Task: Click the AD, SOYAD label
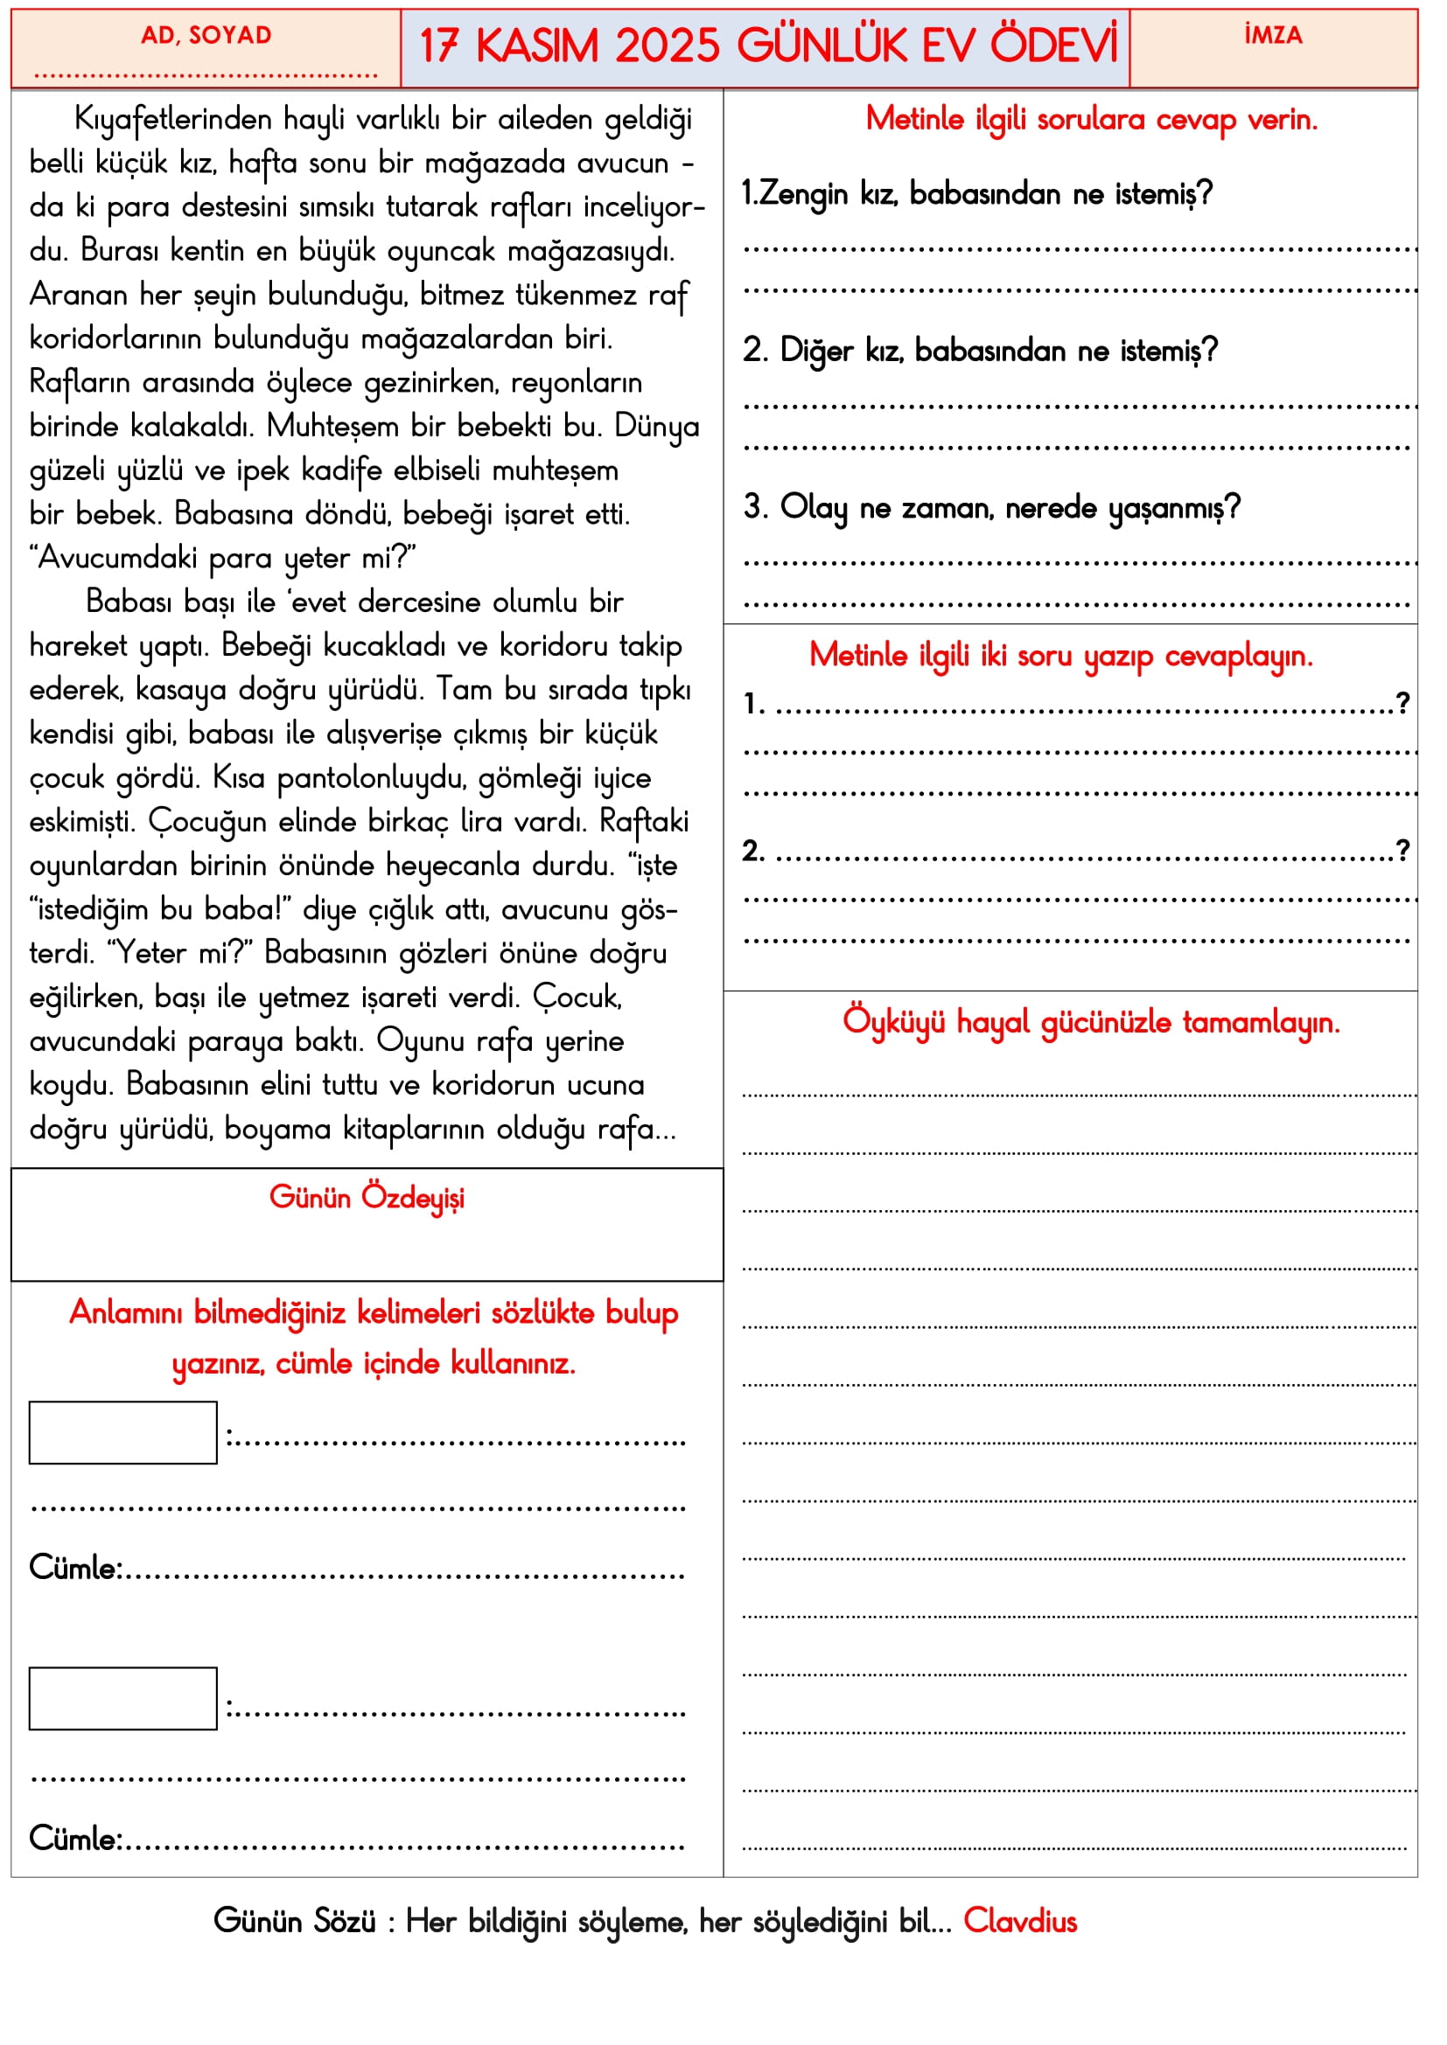pos(206,36)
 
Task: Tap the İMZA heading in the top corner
pos(1272,36)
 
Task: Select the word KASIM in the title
pos(536,46)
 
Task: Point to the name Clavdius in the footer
pos(1019,1921)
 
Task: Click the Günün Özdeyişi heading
pos(367,1197)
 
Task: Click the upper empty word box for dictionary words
pos(123,1432)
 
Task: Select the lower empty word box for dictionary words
pos(123,1699)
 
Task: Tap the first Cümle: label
pos(76,1568)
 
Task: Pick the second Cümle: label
pos(76,1839)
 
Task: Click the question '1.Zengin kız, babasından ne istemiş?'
pos(976,193)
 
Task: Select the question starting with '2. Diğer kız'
pos(979,351)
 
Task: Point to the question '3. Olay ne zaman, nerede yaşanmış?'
pos(991,508)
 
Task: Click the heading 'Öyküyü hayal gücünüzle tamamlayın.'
pos(1091,1021)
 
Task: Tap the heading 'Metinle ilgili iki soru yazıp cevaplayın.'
pos(1060,656)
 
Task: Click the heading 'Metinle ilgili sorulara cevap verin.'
pos(1091,118)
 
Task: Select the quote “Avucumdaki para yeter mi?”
pos(223,558)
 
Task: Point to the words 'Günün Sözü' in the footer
pos(294,1921)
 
